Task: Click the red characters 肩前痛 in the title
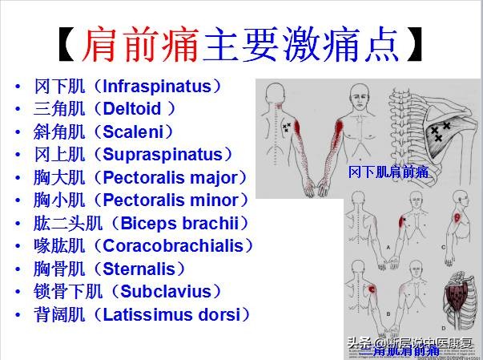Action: click(139, 45)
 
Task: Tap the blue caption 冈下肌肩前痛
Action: click(388, 172)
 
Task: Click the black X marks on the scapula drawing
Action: click(439, 131)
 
